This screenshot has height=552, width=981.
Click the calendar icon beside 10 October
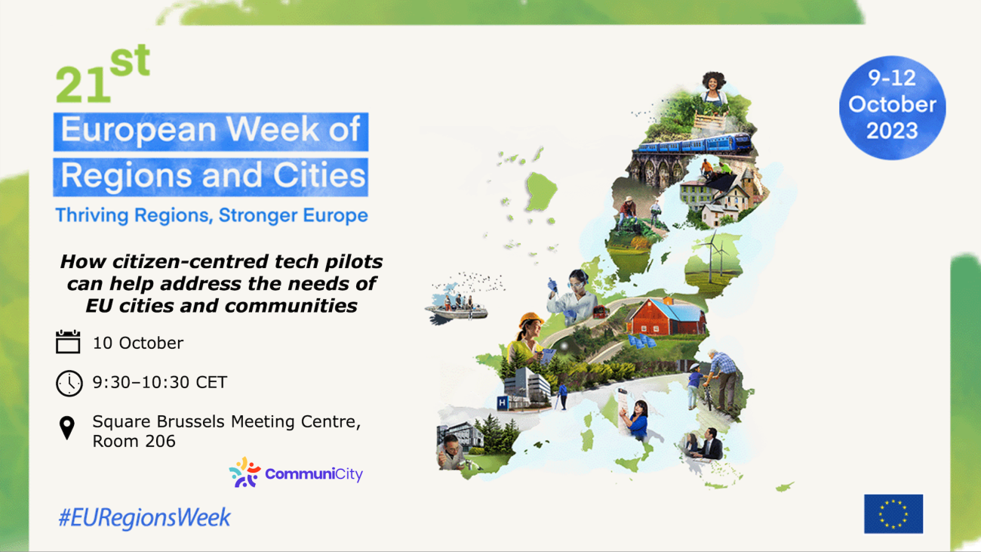pyautogui.click(x=68, y=342)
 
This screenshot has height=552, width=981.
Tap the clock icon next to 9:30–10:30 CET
pyautogui.click(x=69, y=383)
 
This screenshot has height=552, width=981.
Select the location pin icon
pyautogui.click(x=67, y=428)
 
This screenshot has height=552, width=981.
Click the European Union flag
pyautogui.click(x=893, y=513)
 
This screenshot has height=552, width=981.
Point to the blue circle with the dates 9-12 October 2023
pyautogui.click(x=892, y=107)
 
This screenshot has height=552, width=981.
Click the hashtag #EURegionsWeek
pyautogui.click(x=144, y=518)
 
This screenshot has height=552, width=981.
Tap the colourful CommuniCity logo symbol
pyautogui.click(x=244, y=473)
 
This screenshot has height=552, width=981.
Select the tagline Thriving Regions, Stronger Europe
pyautogui.click(x=211, y=215)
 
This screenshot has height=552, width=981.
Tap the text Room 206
pyautogui.click(x=134, y=441)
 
